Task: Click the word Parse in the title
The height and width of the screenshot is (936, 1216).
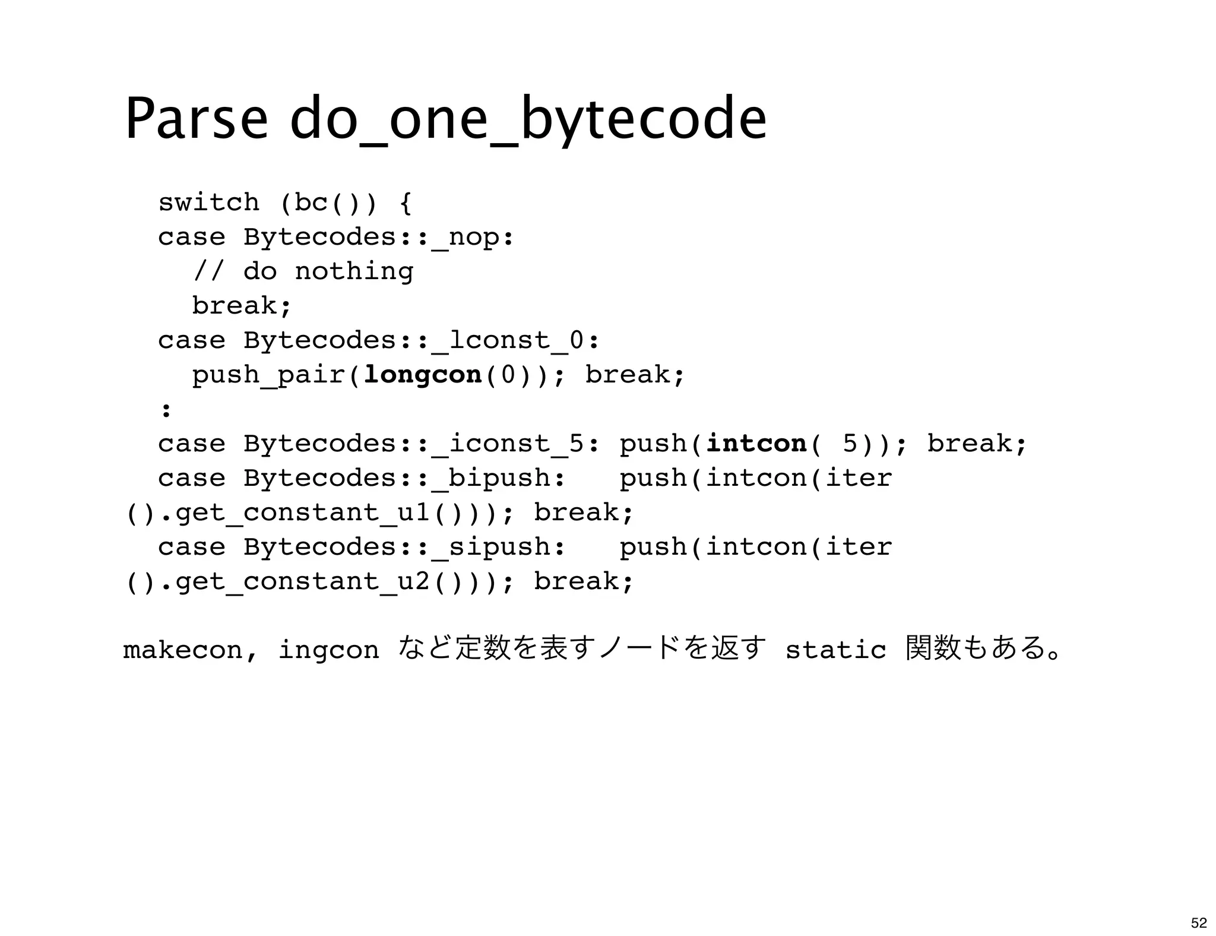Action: [x=196, y=119]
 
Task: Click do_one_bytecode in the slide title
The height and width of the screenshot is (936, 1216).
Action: [x=528, y=119]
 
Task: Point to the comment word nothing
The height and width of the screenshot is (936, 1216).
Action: [x=354, y=272]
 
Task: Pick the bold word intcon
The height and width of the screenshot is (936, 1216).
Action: [x=756, y=444]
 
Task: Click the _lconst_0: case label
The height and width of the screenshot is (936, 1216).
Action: [x=516, y=341]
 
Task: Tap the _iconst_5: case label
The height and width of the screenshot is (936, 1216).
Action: [x=516, y=444]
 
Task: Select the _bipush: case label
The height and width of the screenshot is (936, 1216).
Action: [x=499, y=478]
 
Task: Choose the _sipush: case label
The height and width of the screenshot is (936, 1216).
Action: [x=499, y=547]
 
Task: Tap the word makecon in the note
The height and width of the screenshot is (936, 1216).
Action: [x=183, y=650]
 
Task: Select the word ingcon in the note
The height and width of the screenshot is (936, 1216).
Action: [x=328, y=650]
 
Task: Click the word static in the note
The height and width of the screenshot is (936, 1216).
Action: [x=835, y=650]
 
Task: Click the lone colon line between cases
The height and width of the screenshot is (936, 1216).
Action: [x=166, y=410]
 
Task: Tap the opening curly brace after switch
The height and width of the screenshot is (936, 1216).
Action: [x=406, y=203]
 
